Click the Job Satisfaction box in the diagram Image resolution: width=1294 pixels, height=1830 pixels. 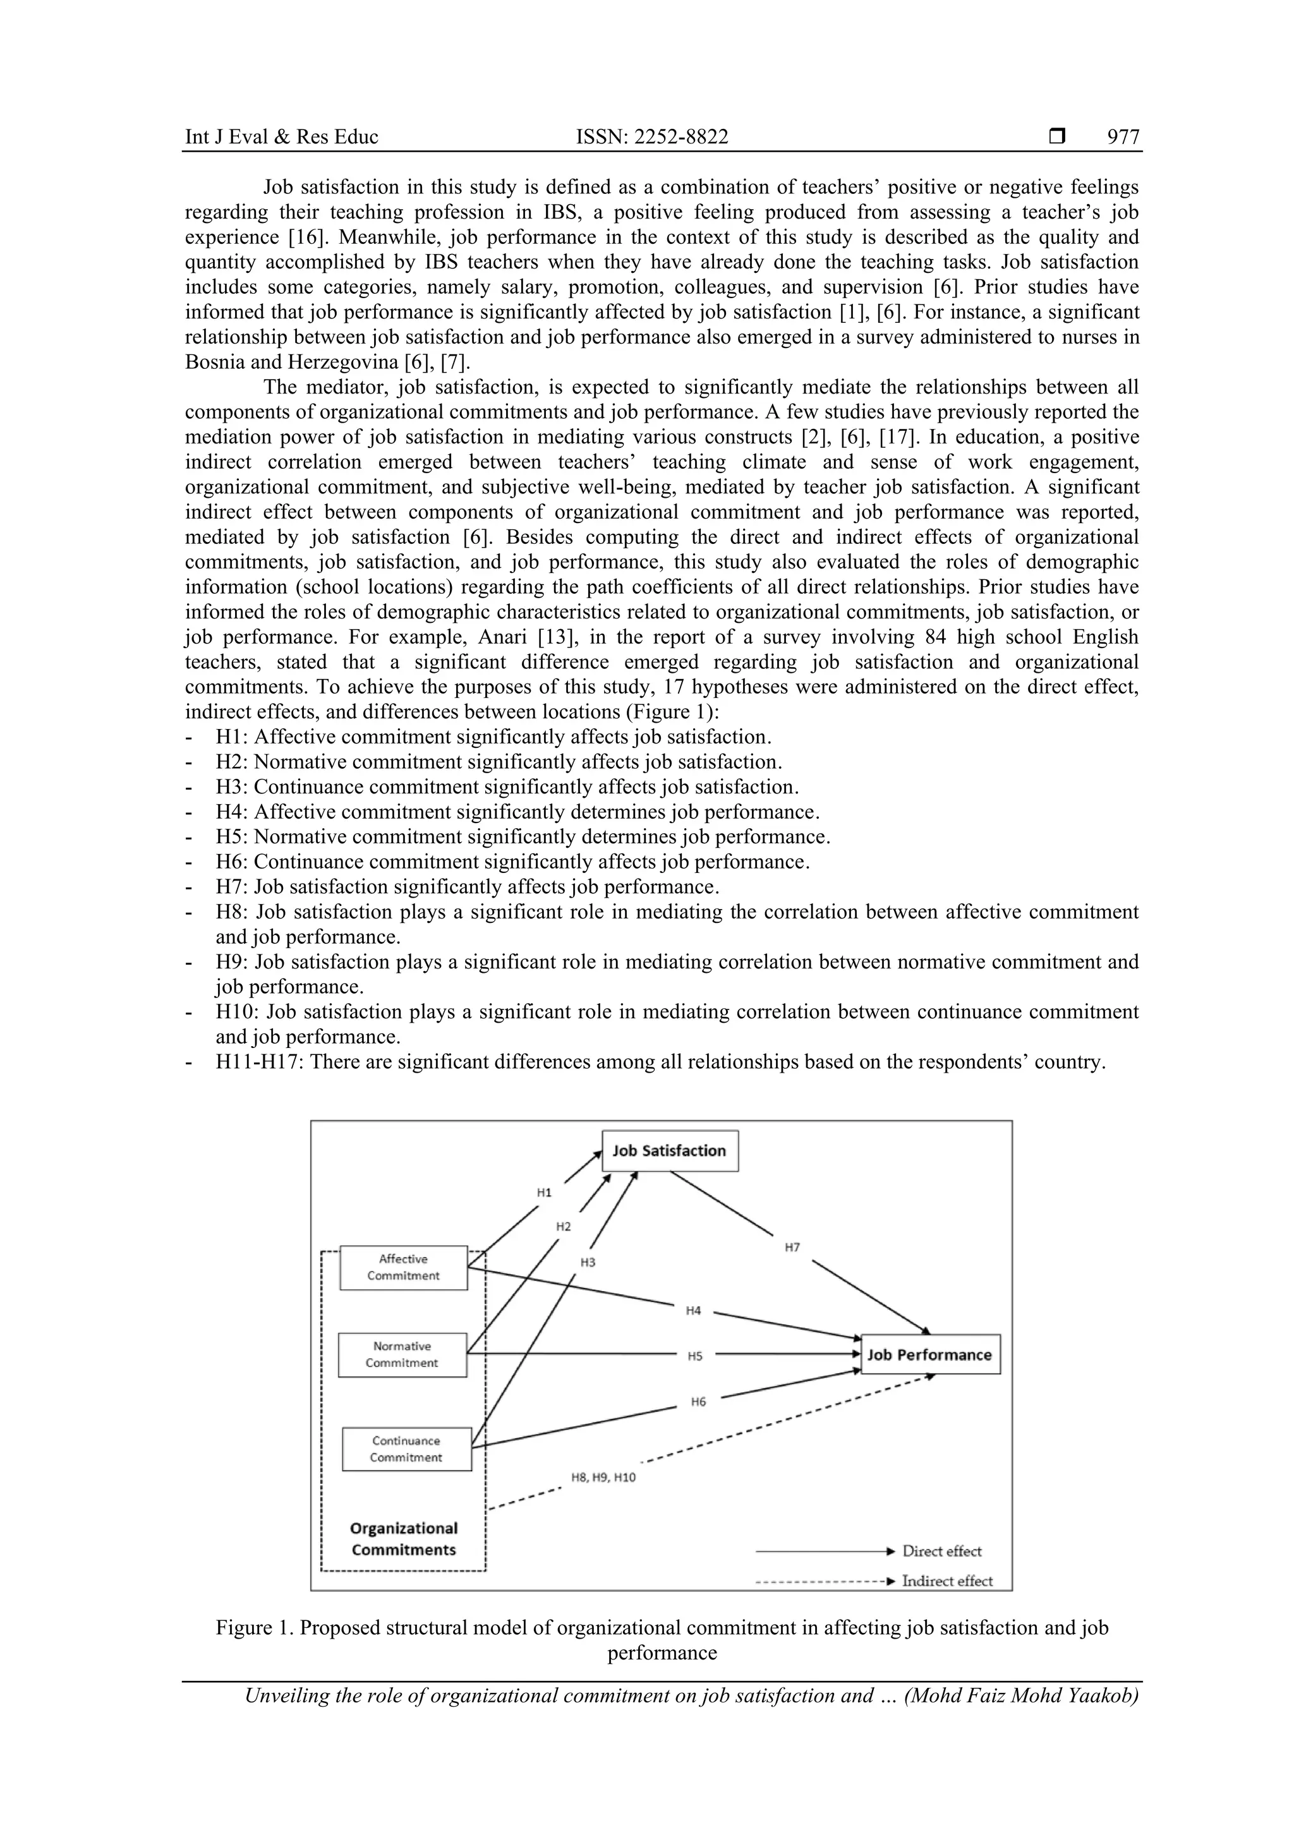coord(669,1151)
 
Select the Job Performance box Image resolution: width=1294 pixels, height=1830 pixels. coord(929,1355)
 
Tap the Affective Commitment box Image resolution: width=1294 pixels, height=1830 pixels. coord(404,1267)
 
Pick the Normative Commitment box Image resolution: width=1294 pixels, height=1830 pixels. coord(402,1355)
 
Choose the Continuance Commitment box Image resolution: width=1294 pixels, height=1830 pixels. coord(407,1449)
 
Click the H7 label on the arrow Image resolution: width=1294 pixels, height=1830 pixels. coord(792,1248)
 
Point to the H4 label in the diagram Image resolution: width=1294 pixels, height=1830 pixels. coord(694,1310)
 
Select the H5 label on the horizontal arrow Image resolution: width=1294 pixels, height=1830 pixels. coord(695,1356)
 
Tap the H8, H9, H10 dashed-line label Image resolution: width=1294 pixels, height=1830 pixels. coord(603,1478)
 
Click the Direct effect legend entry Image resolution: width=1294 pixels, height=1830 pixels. coord(941,1551)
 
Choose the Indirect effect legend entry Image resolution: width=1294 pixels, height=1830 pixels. coord(946,1581)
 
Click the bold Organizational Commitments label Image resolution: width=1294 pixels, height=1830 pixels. coord(404,1539)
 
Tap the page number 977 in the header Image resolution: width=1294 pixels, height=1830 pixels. coord(1123,137)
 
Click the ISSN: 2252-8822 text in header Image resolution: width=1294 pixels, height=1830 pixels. coord(651,137)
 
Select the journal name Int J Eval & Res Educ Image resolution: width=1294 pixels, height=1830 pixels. coord(281,137)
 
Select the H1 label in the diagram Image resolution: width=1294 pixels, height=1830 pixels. coord(544,1193)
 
